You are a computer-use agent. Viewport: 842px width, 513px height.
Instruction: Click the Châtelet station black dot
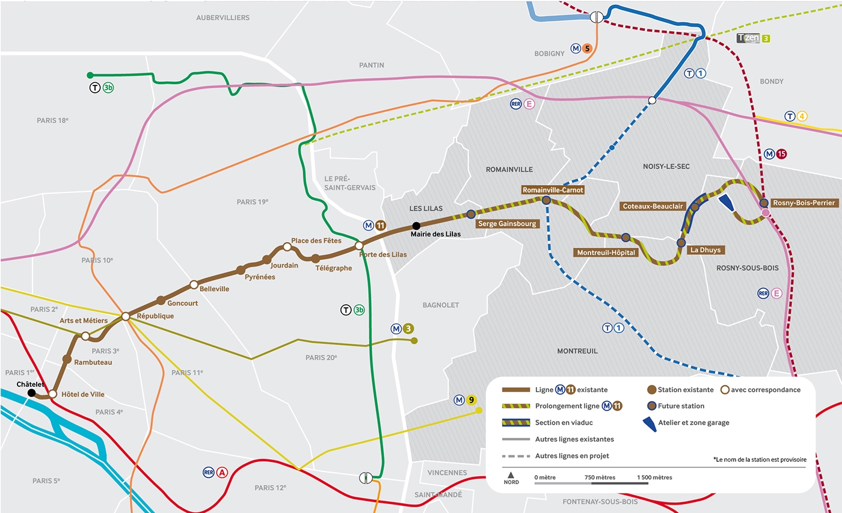point(31,393)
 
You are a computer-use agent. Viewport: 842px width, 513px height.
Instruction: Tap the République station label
point(155,316)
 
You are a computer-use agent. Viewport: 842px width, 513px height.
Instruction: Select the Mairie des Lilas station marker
point(416,226)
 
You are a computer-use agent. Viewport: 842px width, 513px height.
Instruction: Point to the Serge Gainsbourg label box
point(506,224)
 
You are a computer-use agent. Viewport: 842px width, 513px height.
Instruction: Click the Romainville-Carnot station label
point(553,189)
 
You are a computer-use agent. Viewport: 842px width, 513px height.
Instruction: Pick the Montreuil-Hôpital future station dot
point(625,238)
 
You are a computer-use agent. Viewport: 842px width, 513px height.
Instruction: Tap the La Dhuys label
point(705,250)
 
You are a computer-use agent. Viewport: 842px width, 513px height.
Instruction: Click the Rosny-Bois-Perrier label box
point(804,203)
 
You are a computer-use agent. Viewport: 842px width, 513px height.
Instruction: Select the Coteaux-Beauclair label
point(653,206)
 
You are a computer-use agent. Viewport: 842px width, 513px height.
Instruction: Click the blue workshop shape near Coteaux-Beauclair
point(727,203)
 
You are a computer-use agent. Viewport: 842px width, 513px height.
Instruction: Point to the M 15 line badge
point(775,154)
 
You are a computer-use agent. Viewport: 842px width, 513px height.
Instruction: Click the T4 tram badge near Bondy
point(796,117)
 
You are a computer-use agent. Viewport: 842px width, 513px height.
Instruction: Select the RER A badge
point(215,472)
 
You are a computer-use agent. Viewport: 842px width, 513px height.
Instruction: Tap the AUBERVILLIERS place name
point(223,18)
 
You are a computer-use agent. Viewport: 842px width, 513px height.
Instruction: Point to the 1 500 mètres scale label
point(654,478)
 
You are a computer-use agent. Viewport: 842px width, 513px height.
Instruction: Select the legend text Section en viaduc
point(564,423)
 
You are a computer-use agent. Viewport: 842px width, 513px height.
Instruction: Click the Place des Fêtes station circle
point(287,247)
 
